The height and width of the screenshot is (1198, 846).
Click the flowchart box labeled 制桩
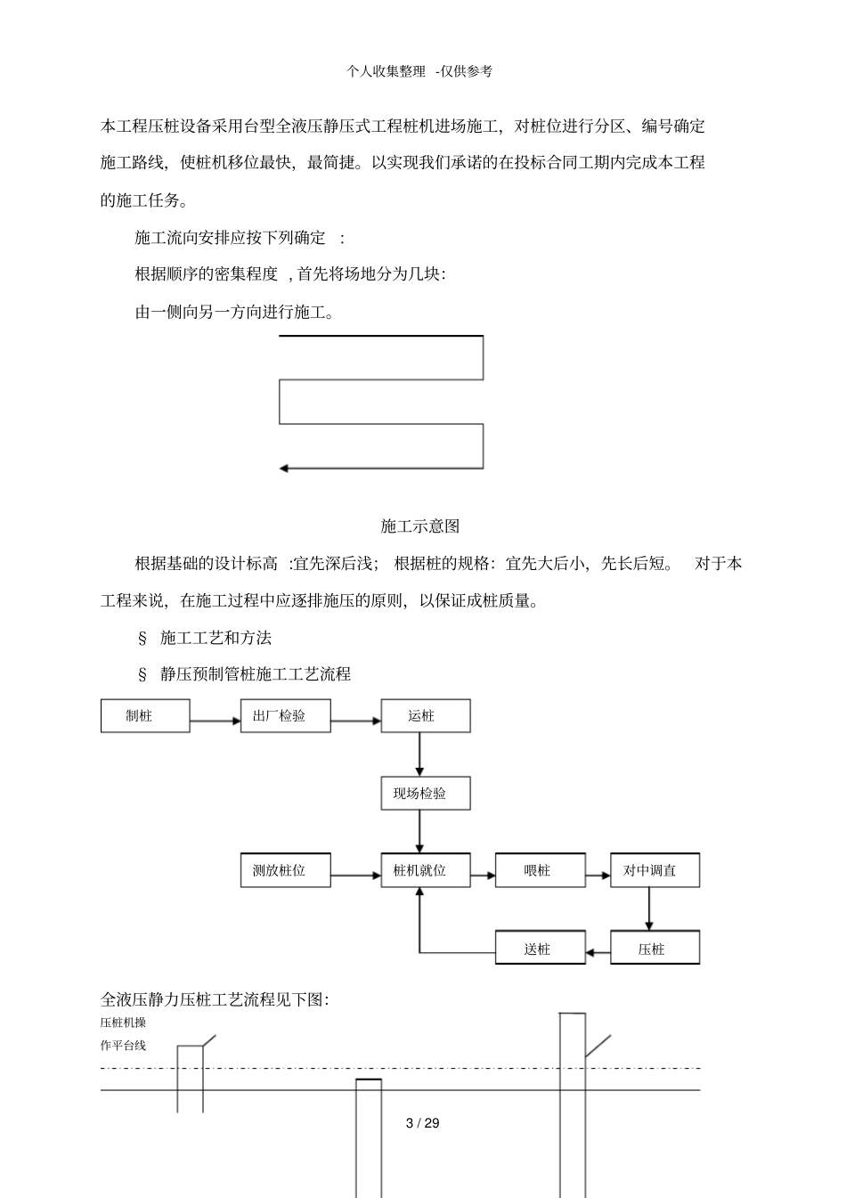(x=145, y=716)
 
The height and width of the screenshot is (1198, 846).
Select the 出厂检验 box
(x=285, y=716)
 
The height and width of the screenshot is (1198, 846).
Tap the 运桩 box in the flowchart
(x=426, y=716)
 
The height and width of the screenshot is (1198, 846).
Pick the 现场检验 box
(x=426, y=793)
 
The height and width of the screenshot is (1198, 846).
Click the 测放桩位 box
(x=285, y=870)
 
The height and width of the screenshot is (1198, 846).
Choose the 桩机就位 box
(x=426, y=870)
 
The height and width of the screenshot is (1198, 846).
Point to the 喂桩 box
(x=541, y=870)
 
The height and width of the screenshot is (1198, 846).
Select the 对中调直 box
(x=655, y=870)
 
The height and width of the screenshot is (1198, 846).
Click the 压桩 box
(x=655, y=948)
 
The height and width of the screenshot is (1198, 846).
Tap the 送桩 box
(x=541, y=948)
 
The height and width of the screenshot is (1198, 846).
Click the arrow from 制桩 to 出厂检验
(x=215, y=720)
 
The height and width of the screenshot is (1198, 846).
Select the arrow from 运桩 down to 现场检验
(x=419, y=754)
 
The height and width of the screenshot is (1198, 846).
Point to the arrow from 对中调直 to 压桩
(x=648, y=909)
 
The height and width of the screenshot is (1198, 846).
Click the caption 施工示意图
(x=420, y=526)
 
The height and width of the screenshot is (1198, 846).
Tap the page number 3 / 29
(x=422, y=1123)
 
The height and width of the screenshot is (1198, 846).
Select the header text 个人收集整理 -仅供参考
(x=420, y=71)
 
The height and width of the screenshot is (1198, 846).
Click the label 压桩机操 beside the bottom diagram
(x=123, y=1023)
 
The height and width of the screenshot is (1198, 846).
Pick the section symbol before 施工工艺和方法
(x=142, y=638)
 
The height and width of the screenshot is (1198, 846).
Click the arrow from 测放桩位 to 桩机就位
(x=355, y=875)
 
